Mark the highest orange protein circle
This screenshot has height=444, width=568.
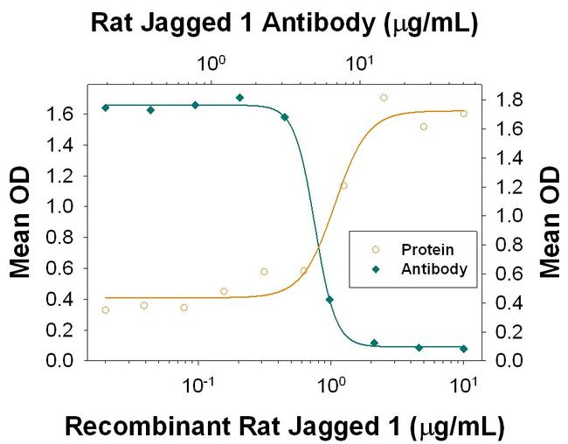(x=384, y=98)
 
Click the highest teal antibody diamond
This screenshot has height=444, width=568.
(x=239, y=98)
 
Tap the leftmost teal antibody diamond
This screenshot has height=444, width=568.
(x=105, y=108)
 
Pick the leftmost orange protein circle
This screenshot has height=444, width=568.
(x=105, y=310)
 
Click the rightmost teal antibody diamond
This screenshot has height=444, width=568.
(x=463, y=349)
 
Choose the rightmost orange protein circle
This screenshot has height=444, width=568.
(x=463, y=114)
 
